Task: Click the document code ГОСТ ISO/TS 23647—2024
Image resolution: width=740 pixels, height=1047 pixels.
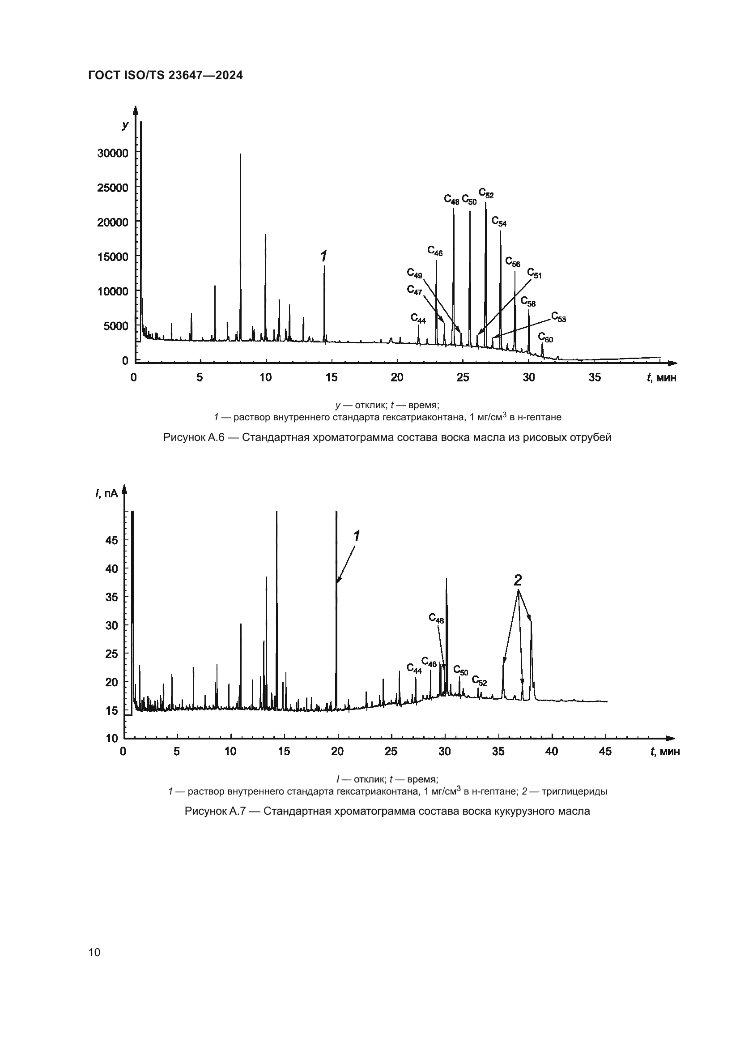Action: click(x=166, y=76)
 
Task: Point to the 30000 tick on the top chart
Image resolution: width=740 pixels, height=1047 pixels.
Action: click(x=113, y=153)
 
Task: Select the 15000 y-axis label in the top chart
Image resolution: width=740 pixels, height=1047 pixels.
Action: click(x=113, y=257)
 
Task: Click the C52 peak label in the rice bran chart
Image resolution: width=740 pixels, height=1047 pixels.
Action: click(x=486, y=193)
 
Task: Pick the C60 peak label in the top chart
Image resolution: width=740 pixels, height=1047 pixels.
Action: click(x=545, y=338)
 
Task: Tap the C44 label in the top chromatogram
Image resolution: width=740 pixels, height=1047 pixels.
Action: click(x=418, y=318)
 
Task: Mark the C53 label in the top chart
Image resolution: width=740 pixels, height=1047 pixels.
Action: click(x=558, y=316)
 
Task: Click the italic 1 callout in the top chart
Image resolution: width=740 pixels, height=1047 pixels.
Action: click(x=323, y=256)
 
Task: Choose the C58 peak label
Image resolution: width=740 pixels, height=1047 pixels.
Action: click(x=528, y=301)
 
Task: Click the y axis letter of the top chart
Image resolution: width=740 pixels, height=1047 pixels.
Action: click(x=125, y=124)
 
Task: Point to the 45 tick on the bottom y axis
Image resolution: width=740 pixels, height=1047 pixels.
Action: click(x=112, y=541)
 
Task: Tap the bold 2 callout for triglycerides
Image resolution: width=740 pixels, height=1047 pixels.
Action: click(x=517, y=580)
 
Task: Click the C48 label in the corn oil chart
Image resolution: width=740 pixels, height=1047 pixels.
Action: click(x=436, y=618)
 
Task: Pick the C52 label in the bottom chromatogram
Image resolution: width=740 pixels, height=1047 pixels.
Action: click(x=479, y=681)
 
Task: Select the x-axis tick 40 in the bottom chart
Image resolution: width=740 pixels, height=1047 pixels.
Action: click(x=551, y=751)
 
